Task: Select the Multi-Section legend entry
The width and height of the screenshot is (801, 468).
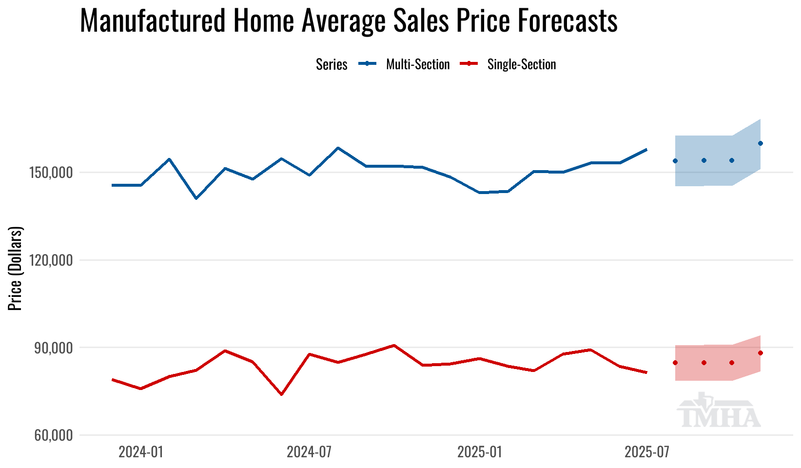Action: point(417,64)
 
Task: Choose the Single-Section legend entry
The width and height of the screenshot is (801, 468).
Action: point(521,64)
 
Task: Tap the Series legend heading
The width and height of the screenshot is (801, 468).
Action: point(332,64)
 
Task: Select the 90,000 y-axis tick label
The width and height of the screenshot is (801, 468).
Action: point(55,348)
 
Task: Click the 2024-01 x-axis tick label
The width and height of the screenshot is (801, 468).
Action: point(140,452)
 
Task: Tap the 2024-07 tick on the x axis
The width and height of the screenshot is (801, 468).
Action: point(309,452)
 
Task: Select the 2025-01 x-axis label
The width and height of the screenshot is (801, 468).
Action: point(479,452)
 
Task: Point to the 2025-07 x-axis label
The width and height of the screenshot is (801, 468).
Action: point(647,452)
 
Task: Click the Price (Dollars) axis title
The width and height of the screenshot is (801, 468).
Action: point(16,268)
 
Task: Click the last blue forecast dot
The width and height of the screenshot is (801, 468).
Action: point(760,143)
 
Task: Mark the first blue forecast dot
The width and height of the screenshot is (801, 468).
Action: point(675,161)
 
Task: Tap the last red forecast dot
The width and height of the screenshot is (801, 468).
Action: point(760,353)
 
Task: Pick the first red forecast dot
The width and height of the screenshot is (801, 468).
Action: point(675,363)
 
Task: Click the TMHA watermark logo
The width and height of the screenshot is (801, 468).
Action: point(719,411)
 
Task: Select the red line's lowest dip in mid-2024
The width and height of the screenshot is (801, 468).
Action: point(281,394)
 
